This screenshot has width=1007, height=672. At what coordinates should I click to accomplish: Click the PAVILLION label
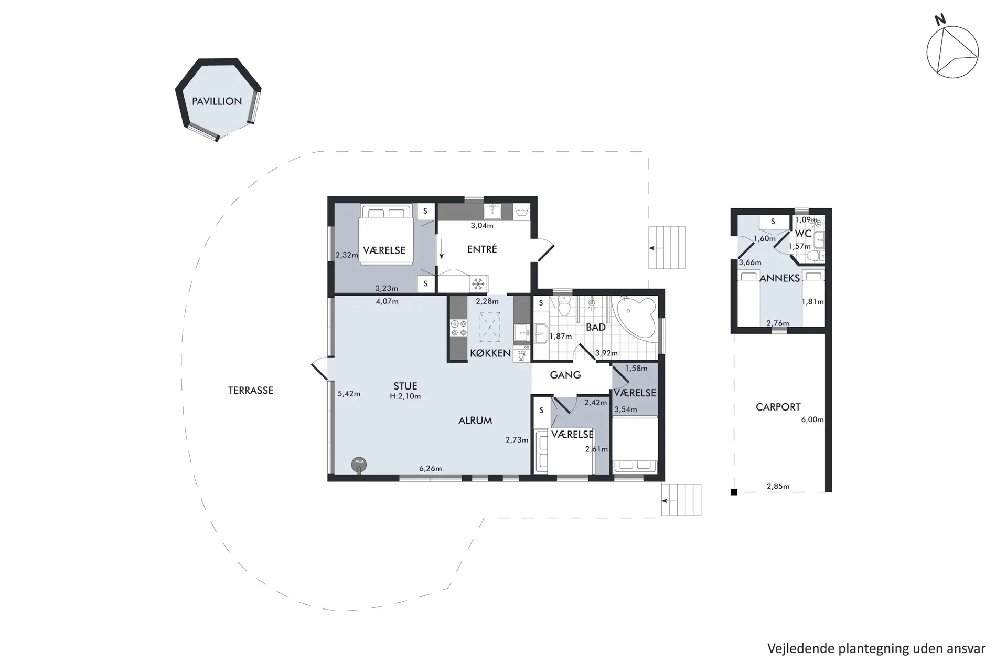click(x=217, y=101)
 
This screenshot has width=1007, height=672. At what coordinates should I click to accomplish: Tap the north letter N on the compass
click(x=940, y=19)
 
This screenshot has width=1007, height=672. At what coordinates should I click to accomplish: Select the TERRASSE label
click(x=251, y=390)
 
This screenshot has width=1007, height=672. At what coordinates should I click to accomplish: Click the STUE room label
click(x=405, y=386)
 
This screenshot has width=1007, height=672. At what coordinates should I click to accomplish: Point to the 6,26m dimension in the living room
click(x=431, y=468)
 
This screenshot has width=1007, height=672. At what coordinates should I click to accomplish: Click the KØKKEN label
click(x=490, y=353)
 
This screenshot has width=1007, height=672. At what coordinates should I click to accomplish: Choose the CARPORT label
click(x=778, y=407)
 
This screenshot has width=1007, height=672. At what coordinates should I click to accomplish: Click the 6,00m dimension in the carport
click(x=812, y=419)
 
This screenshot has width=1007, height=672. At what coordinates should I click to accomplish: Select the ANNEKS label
click(x=780, y=278)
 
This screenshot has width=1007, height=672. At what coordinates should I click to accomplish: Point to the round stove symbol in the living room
click(x=359, y=464)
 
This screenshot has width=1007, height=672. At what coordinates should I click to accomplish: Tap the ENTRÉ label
click(x=482, y=249)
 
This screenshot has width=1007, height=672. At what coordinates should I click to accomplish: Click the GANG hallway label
click(x=565, y=375)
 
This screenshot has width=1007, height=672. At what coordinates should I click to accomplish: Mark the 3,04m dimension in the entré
click(x=482, y=226)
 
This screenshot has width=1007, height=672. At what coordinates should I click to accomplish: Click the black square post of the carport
click(x=734, y=492)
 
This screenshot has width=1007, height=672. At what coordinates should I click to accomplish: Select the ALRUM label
click(x=475, y=421)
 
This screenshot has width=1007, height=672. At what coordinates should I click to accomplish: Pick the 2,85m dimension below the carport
click(x=778, y=486)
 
